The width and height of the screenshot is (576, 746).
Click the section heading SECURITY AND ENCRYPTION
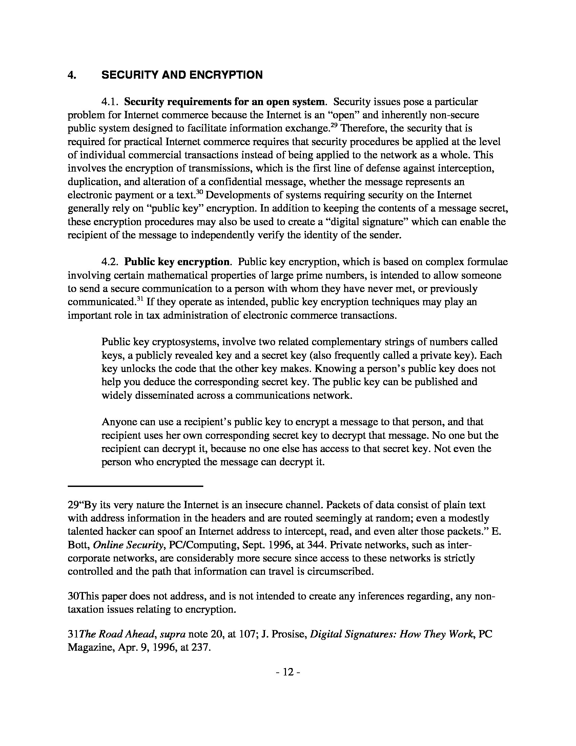pyautogui.click(x=182, y=75)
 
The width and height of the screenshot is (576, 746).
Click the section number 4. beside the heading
pyautogui.click(x=71, y=75)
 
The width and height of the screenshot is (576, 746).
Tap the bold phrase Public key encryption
pyautogui.click(x=177, y=262)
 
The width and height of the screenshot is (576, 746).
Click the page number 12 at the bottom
pyautogui.click(x=288, y=672)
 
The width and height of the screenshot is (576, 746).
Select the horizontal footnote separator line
pyautogui.click(x=136, y=486)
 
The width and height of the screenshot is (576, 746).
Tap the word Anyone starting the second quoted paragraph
pyautogui.click(x=118, y=422)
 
